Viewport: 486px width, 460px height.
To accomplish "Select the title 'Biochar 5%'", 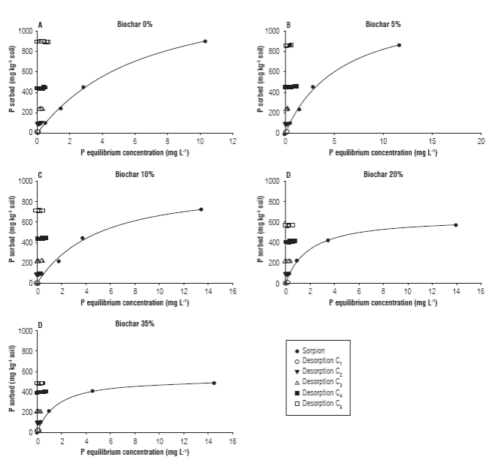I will (383, 25).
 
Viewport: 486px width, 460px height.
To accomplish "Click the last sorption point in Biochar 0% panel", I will (205, 41).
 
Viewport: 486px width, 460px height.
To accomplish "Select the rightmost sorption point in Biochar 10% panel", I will (201, 209).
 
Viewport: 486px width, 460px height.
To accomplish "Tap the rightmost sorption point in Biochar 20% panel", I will (456, 225).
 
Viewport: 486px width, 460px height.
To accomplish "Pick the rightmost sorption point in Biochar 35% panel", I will (214, 383).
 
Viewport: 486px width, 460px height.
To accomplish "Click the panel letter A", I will (40, 25).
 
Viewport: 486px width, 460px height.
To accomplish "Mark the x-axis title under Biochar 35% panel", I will (134, 452).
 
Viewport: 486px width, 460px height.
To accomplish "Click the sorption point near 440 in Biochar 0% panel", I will (83, 87).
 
